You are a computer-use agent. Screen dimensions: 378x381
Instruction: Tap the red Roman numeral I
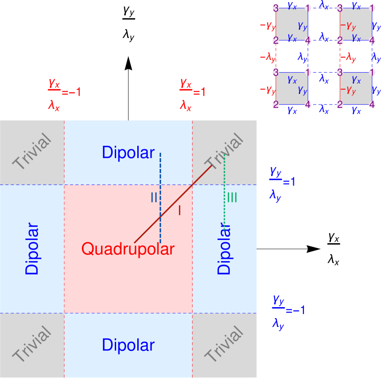pyautogui.click(x=179, y=210)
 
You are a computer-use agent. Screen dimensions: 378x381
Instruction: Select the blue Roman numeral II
pyautogui.click(x=154, y=198)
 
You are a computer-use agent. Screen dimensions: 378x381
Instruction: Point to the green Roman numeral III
pyautogui.click(x=232, y=198)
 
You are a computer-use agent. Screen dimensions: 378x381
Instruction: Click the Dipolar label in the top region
pyautogui.click(x=128, y=153)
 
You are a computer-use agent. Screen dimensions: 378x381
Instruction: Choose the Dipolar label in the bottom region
pyautogui.click(x=128, y=345)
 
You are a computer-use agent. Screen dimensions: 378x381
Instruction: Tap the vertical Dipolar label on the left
pyautogui.click(x=32, y=249)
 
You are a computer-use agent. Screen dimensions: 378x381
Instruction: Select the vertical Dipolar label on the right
pyautogui.click(x=224, y=249)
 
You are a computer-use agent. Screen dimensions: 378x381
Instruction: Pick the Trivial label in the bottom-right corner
pyautogui.click(x=224, y=344)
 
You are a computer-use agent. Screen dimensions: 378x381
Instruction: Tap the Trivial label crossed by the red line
pyautogui.click(x=224, y=152)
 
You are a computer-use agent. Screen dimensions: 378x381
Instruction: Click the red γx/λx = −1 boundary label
pyautogui.click(x=64, y=94)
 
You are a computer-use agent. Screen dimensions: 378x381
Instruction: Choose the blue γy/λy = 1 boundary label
pyautogui.click(x=282, y=183)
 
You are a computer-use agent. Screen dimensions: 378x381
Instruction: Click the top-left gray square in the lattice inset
pyautogui.click(x=292, y=24)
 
